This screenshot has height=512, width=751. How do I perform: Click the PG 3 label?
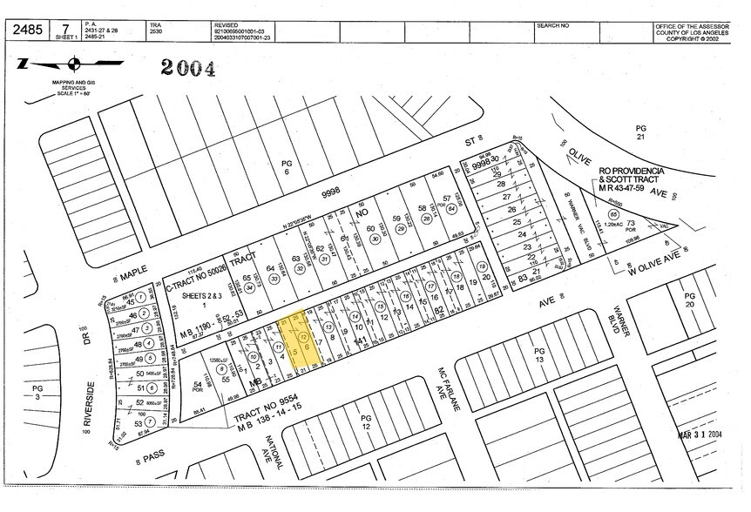[37, 392]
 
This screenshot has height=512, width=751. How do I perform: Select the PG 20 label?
[690, 300]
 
